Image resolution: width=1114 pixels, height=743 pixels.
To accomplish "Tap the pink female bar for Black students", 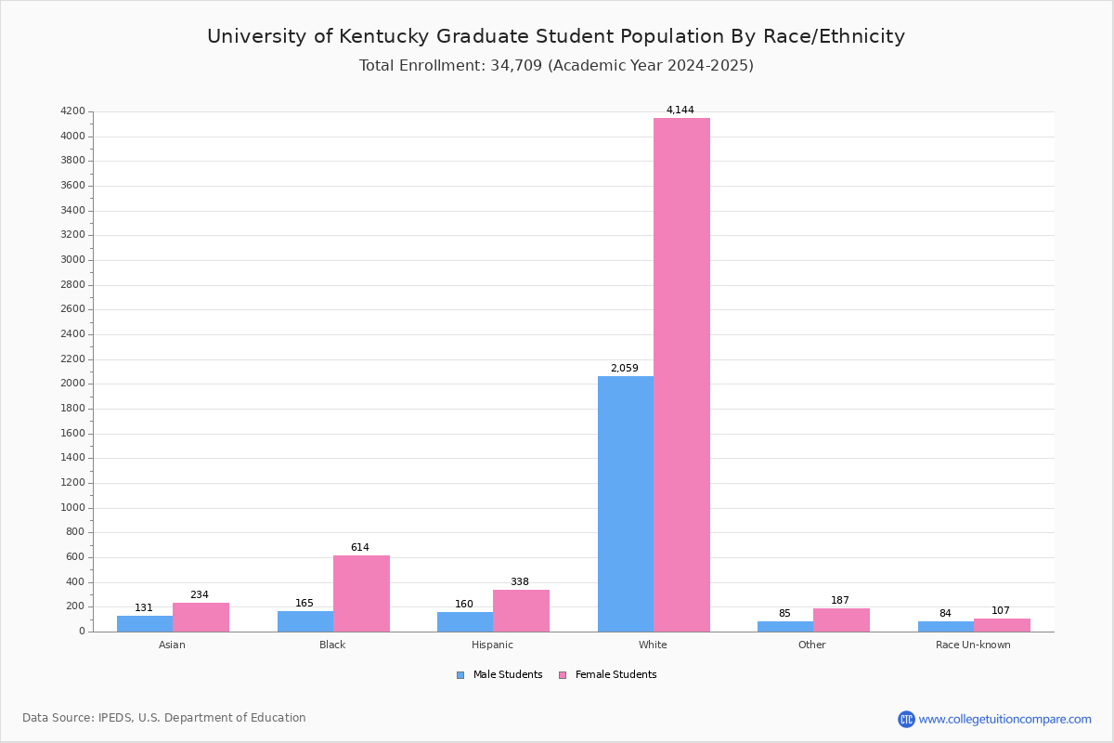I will (361, 593).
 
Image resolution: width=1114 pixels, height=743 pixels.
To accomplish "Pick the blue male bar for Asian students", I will (145, 623).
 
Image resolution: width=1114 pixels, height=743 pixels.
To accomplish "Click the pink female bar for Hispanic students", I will (521, 610).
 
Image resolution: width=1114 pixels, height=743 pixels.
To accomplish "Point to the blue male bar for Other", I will (785, 626).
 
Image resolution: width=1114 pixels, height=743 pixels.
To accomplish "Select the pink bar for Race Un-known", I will (1002, 625).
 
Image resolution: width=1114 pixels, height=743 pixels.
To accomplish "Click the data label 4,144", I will (680, 111).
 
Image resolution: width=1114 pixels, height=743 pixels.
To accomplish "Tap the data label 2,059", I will (624, 369).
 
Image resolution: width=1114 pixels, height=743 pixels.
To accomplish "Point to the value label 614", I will (359, 548).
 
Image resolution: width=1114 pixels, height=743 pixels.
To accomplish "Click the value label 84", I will (945, 614).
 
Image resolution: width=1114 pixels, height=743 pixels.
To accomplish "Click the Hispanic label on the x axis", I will (492, 645).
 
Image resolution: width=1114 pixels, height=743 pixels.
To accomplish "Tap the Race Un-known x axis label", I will (973, 645).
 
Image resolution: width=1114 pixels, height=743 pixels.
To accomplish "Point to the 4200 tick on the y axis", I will (72, 111).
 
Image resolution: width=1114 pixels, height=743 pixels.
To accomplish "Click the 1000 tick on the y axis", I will (72, 508).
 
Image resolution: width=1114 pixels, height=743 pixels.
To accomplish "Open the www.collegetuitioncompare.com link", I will (1004, 719).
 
